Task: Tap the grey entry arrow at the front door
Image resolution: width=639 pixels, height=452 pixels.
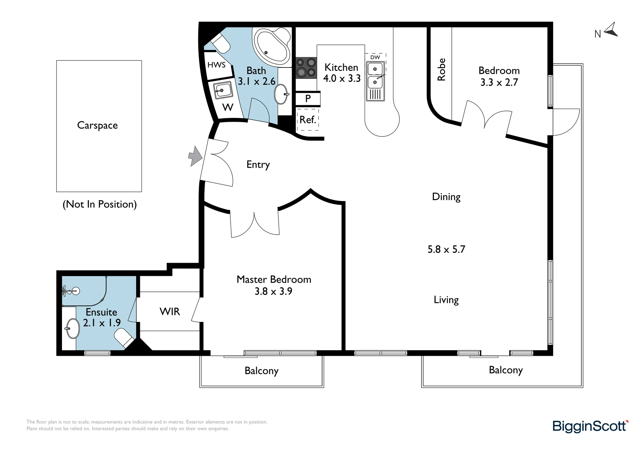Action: (195, 156)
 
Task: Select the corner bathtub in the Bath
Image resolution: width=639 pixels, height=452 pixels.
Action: (272, 46)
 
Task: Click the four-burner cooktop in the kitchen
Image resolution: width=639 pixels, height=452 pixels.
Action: (306, 67)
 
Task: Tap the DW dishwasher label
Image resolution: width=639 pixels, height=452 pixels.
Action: (375, 57)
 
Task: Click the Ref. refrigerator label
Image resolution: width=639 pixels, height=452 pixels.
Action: (308, 120)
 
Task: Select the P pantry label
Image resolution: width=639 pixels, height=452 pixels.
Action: (308, 98)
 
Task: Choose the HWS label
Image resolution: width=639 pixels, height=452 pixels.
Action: (216, 65)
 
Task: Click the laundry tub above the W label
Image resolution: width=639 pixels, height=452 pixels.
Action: (223, 90)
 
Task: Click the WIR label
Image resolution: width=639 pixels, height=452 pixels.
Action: (170, 311)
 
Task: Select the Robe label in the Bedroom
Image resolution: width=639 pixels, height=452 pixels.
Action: (441, 69)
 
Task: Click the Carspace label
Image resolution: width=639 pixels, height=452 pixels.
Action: (97, 125)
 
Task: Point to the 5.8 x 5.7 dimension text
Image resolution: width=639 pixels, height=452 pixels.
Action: (446, 249)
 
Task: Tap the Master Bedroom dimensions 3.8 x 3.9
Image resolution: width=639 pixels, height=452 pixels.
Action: (273, 291)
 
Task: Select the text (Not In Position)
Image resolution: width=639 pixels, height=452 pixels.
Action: (100, 204)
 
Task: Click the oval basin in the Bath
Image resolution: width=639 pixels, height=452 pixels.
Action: (281, 94)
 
